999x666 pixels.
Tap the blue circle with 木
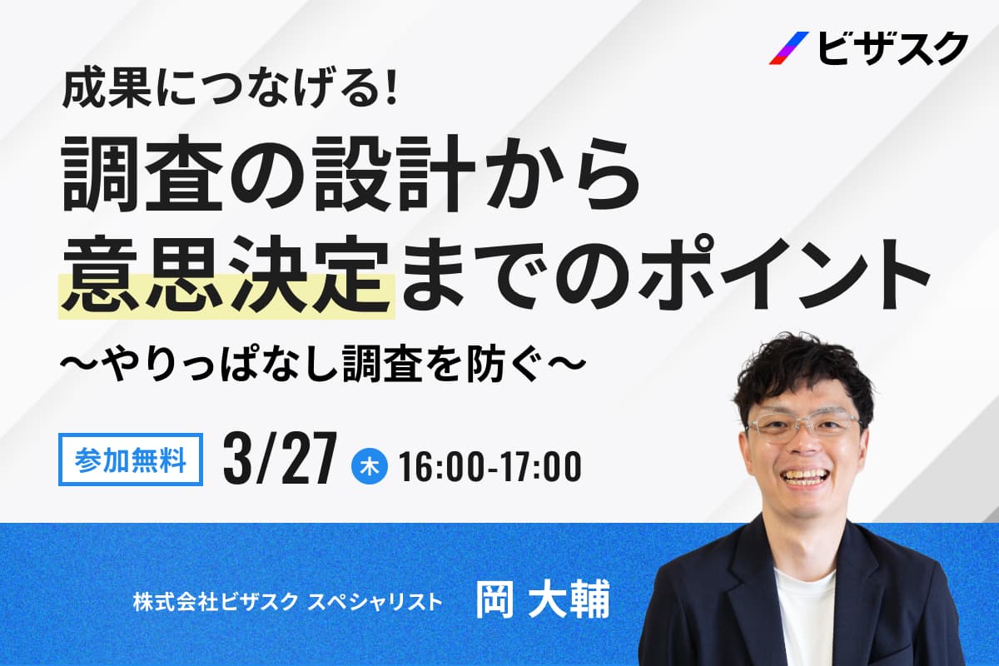[370, 466]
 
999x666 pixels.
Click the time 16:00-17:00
[490, 466]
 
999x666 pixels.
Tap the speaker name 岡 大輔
[542, 599]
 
